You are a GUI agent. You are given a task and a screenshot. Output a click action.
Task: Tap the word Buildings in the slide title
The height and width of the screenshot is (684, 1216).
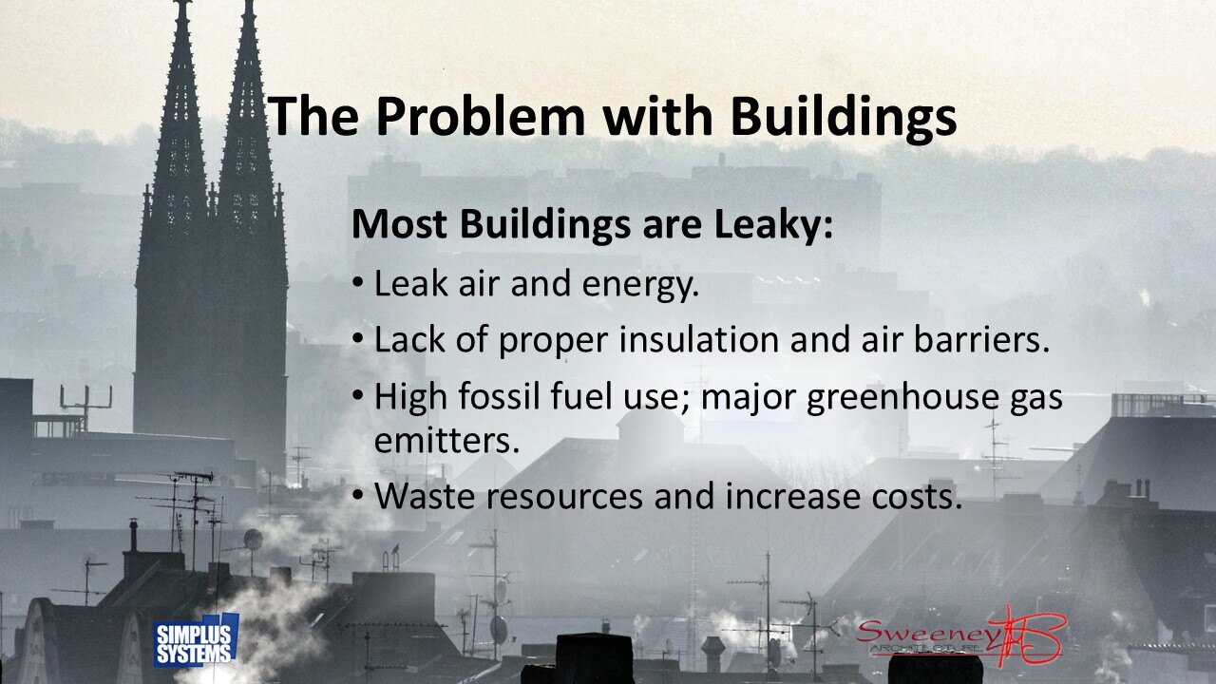(x=843, y=117)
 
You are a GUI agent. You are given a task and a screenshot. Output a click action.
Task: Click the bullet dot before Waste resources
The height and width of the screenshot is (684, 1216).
(x=357, y=495)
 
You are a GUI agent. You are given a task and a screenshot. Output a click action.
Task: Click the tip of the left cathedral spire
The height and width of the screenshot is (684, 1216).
(x=180, y=3)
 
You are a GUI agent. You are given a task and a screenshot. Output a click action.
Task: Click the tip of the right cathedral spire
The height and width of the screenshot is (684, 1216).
(x=248, y=3)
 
